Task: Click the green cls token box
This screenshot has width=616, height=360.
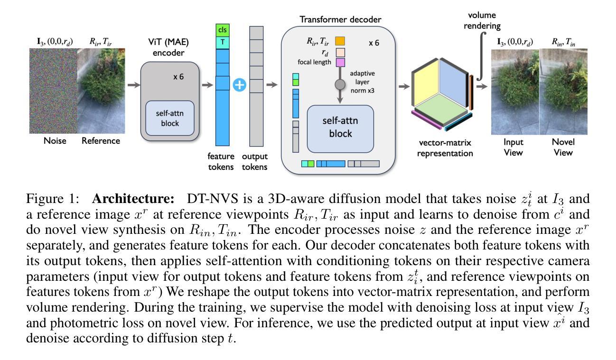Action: pyautogui.click(x=222, y=30)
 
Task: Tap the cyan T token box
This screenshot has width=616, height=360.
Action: pyautogui.click(x=222, y=42)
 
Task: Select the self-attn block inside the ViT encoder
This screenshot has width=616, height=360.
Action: pyautogui.click(x=170, y=117)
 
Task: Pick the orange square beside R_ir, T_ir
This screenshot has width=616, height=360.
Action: pyautogui.click(x=340, y=41)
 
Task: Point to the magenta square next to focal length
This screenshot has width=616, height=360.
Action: pyautogui.click(x=340, y=62)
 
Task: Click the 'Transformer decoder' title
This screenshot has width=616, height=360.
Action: pyautogui.click(x=340, y=20)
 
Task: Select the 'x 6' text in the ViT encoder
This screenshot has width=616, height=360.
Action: pyautogui.click(x=178, y=76)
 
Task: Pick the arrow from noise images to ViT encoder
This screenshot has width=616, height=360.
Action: pyautogui.click(x=134, y=85)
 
